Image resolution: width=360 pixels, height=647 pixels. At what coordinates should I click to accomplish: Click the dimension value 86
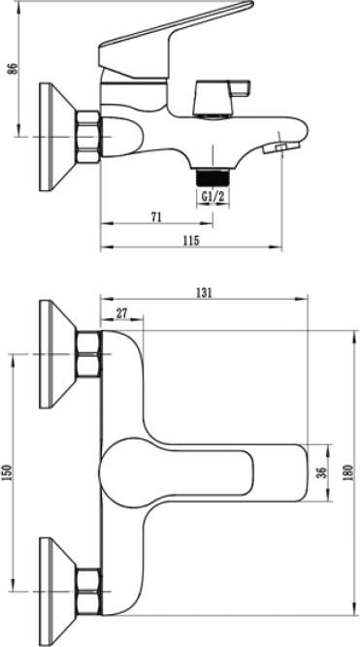point(14,69)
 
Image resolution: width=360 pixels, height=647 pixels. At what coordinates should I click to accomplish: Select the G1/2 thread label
point(213,196)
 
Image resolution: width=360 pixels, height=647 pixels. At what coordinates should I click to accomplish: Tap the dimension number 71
point(156,216)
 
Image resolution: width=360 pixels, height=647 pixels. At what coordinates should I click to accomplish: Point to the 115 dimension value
point(191,241)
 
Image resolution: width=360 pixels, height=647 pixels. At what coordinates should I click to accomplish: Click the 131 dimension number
point(204,292)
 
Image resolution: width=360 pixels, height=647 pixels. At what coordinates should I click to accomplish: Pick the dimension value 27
point(121,313)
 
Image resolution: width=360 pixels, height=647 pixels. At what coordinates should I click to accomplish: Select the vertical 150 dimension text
point(7,472)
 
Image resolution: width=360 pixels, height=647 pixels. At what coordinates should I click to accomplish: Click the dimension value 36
point(323,472)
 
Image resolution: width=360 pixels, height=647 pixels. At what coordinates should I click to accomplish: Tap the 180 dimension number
point(348,472)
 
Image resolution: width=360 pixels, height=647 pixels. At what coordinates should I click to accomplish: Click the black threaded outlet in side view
point(213,178)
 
